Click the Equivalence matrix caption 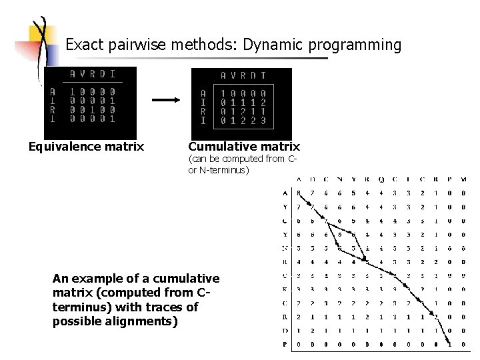[x=86, y=146]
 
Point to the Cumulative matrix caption [x=244, y=146]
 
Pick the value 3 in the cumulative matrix [x=263, y=121]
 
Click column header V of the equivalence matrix [x=82, y=73]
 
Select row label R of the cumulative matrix [x=203, y=111]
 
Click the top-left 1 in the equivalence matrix [x=73, y=91]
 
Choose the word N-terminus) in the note [x=223, y=171]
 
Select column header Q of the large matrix [x=380, y=178]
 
